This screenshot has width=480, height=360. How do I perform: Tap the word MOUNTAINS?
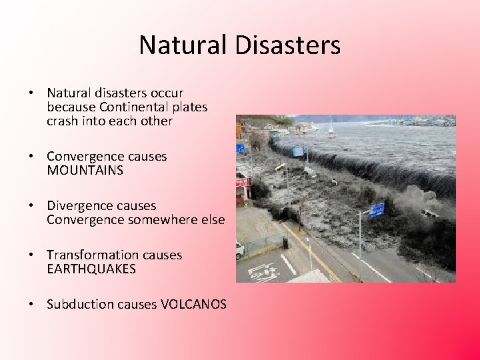pyautogui.click(x=85, y=171)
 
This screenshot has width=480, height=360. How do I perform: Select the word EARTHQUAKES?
pyautogui.click(x=91, y=269)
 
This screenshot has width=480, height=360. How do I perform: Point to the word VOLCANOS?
pyautogui.click(x=193, y=305)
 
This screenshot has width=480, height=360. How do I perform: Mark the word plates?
pyautogui.click(x=191, y=107)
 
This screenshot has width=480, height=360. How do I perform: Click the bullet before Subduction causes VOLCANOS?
pyautogui.click(x=31, y=305)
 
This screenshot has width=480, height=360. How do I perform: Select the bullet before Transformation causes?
pyautogui.click(x=31, y=255)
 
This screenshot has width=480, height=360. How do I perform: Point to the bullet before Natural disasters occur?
pyautogui.click(x=31, y=93)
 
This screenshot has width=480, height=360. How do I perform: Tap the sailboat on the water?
pyautogui.click(x=331, y=131)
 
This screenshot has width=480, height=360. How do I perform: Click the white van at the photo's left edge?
pyautogui.click(x=239, y=249)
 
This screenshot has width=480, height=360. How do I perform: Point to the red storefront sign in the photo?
pyautogui.click(x=241, y=181)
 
